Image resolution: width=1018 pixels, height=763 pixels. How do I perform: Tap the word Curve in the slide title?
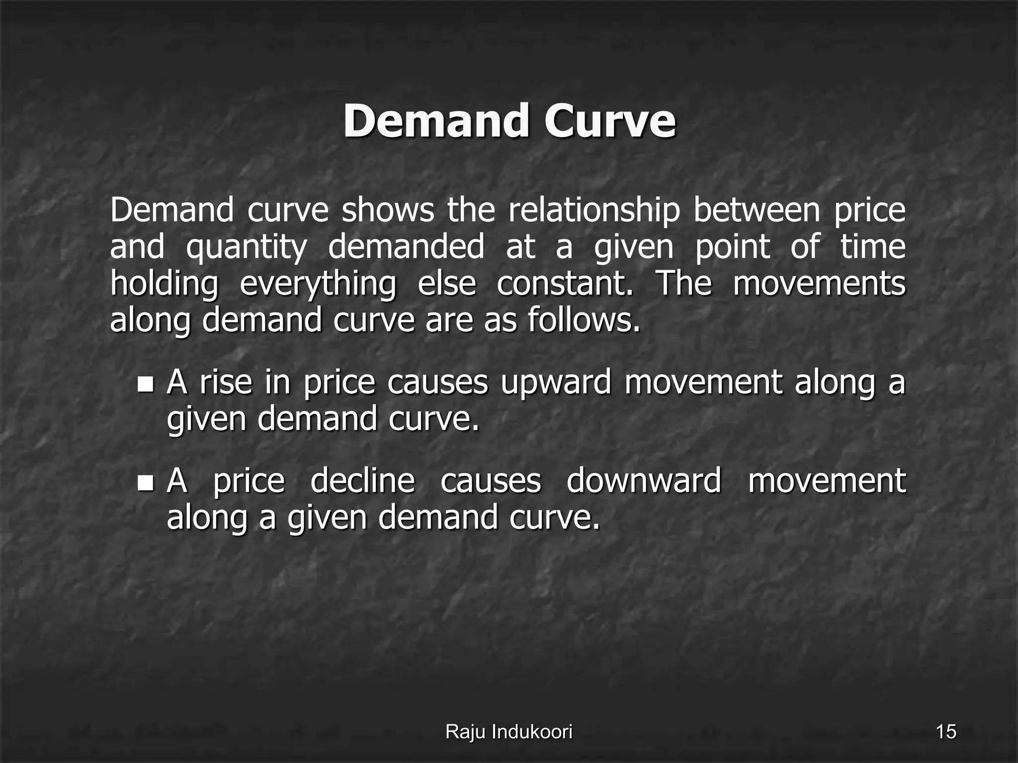pos(610,122)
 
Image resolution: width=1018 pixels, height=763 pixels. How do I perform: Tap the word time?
pos(873,246)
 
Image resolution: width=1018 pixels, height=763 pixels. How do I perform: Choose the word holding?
pos(164,284)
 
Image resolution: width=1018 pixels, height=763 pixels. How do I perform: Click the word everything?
pos(318,284)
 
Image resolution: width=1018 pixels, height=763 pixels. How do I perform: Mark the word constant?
pos(565,283)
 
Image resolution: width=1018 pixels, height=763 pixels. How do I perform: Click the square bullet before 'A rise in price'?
pos(146,383)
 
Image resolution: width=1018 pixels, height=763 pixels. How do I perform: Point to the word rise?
pos(226,382)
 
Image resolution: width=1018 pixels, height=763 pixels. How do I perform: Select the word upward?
pos(556,383)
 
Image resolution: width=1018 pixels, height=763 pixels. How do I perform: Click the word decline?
pos(362,481)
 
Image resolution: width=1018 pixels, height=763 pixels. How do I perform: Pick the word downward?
pos(644,481)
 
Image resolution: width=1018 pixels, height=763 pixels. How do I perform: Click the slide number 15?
pos(946,732)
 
